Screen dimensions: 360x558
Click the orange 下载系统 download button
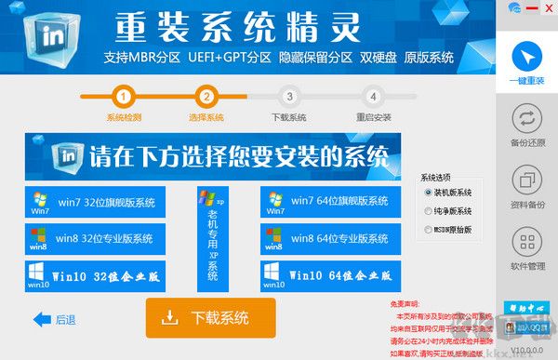pos(210,318)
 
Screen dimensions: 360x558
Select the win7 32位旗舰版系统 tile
pos(96,202)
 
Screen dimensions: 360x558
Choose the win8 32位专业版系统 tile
pos(96,239)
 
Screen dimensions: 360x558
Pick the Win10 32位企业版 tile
pos(96,276)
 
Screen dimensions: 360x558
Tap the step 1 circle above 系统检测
pos(126,95)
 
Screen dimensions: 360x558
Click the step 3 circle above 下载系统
pos(289,95)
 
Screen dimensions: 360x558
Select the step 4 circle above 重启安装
pos(373,95)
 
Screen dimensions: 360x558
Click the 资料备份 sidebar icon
pos(527,183)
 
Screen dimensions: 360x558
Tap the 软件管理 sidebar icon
pos(527,247)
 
